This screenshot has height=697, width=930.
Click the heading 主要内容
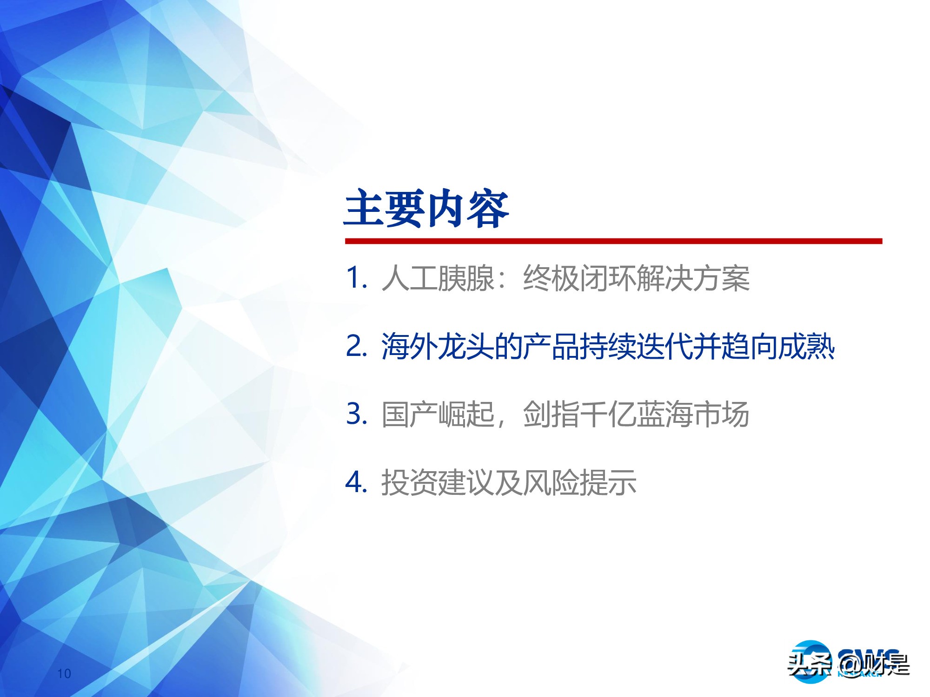[x=426, y=209]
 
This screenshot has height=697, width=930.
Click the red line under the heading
[x=613, y=241]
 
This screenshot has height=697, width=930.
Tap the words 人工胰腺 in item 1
[x=438, y=279]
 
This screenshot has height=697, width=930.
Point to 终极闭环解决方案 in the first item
[x=636, y=279]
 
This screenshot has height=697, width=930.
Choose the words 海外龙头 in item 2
[x=438, y=347]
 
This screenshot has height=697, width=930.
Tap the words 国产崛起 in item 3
[x=438, y=414]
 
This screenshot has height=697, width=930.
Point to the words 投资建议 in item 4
[x=438, y=482]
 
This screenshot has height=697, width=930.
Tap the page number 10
[x=64, y=673]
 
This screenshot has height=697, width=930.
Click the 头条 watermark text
[x=810, y=664]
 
